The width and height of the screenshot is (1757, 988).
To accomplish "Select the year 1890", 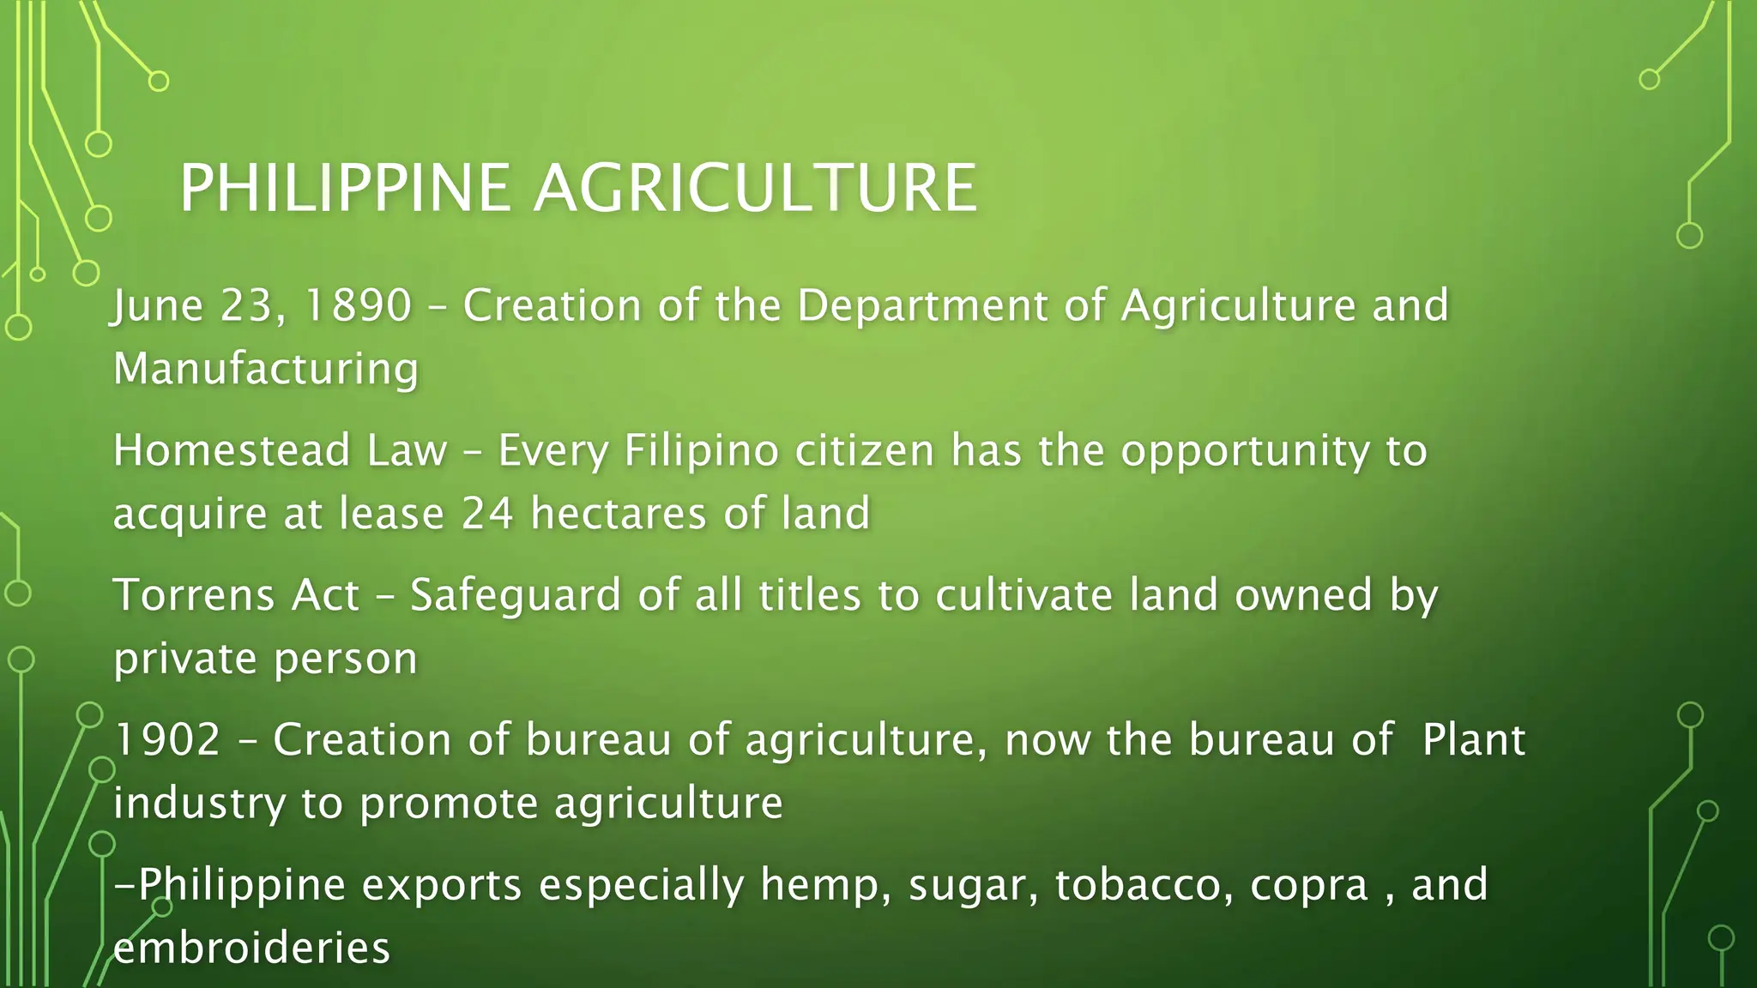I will (x=358, y=305).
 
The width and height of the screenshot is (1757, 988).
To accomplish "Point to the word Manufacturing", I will (x=266, y=369).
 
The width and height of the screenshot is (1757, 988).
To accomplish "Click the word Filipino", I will (x=701, y=450).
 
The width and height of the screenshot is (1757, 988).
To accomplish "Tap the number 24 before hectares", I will (x=487, y=514).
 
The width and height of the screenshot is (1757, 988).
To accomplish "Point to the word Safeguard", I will (x=515, y=595).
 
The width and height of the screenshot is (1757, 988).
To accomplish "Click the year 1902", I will (x=167, y=739).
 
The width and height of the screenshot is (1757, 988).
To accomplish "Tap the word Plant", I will (x=1473, y=739).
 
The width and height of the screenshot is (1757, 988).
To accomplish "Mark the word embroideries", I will (x=251, y=949).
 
